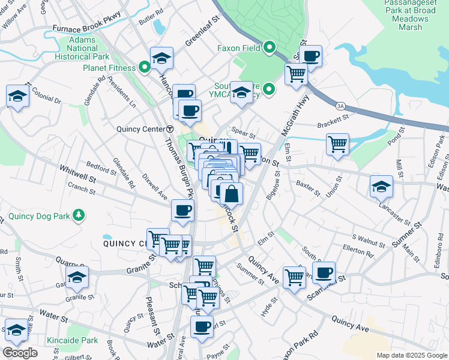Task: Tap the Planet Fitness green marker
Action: [145, 68]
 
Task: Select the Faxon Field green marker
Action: [270, 47]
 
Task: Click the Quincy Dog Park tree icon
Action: [77, 214]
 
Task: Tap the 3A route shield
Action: [340, 106]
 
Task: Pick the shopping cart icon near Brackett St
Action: [338, 144]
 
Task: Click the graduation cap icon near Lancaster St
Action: [381, 187]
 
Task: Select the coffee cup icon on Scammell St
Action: [324, 272]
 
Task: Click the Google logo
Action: [20, 353]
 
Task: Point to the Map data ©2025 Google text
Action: [411, 355]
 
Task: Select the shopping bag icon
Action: [232, 194]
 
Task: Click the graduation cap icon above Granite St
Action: [77, 277]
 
